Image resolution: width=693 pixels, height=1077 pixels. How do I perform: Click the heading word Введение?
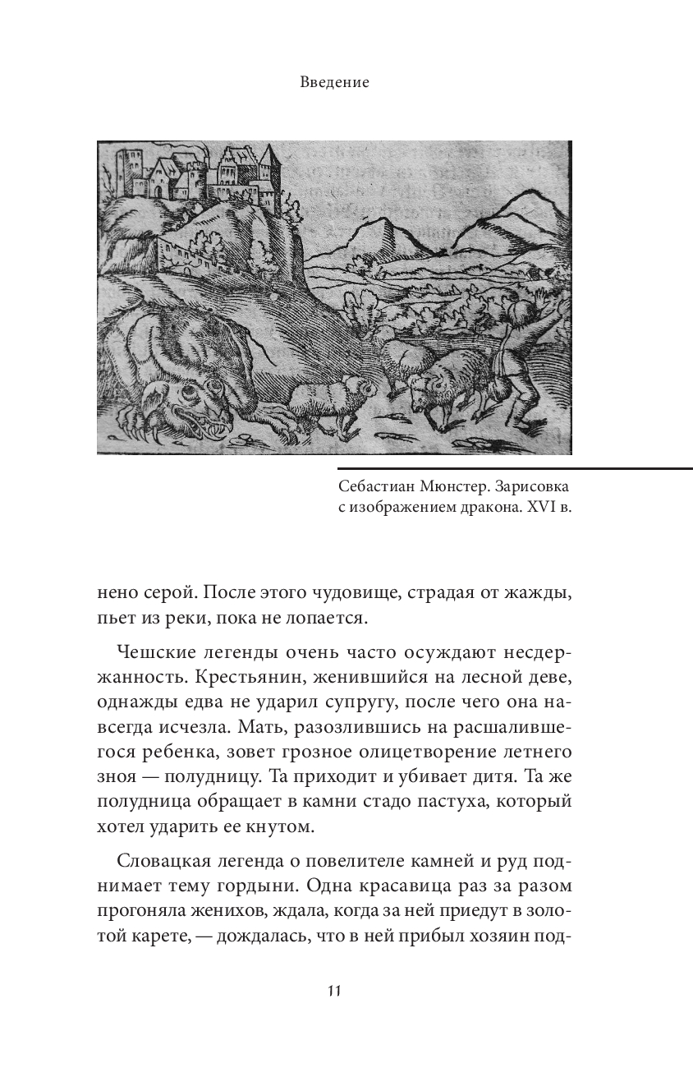click(x=334, y=82)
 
